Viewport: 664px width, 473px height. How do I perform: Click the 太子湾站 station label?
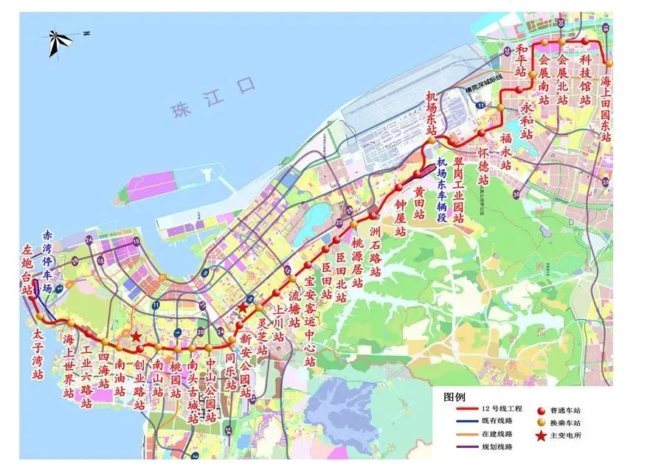tap(38, 354)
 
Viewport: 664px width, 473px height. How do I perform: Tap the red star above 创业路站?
tap(136, 336)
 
